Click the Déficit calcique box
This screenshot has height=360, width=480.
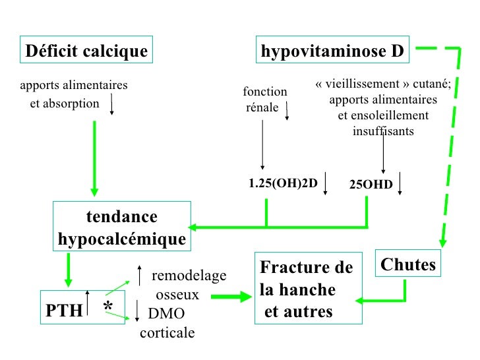(86, 51)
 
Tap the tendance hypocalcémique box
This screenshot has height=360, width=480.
(122, 227)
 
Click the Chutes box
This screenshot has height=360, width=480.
(408, 264)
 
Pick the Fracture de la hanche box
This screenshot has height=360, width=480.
(308, 288)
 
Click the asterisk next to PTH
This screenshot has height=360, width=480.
(108, 308)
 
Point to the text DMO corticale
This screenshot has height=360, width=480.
(167, 322)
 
